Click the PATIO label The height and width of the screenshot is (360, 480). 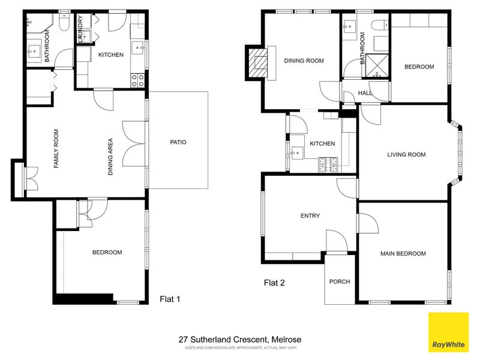click(178, 142)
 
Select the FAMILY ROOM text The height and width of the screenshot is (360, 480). click(56, 148)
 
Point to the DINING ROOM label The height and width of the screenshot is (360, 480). click(304, 60)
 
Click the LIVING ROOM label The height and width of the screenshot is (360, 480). click(406, 154)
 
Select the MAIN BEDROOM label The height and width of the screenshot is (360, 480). click(403, 253)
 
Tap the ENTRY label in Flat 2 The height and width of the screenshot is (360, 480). click(310, 216)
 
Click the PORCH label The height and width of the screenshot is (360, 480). click(340, 281)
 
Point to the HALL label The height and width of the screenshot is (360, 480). click(365, 93)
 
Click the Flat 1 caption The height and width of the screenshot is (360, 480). click(169, 298)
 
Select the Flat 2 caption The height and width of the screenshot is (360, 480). click(274, 283)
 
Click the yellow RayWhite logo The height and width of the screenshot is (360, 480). click(447, 332)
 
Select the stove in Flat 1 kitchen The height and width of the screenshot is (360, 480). click(137, 80)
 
